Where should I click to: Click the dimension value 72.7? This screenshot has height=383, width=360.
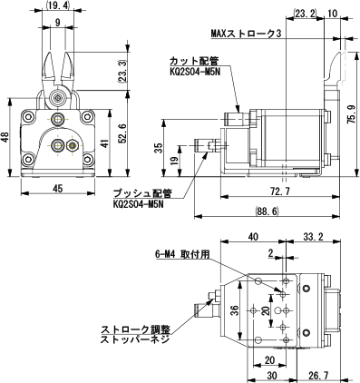click(x=281, y=191)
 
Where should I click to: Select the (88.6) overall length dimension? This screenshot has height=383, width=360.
click(x=267, y=211)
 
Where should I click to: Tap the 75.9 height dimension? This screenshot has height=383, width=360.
click(x=351, y=114)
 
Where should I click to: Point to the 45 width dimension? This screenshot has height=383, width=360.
click(x=58, y=189)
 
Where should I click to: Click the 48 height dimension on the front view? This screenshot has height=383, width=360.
click(x=5, y=138)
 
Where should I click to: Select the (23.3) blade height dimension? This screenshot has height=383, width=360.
click(x=122, y=72)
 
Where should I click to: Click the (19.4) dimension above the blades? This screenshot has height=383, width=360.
click(x=57, y=5)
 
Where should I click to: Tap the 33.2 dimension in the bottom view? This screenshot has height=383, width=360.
click(x=313, y=236)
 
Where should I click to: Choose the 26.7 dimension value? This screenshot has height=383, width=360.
click(x=318, y=376)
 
